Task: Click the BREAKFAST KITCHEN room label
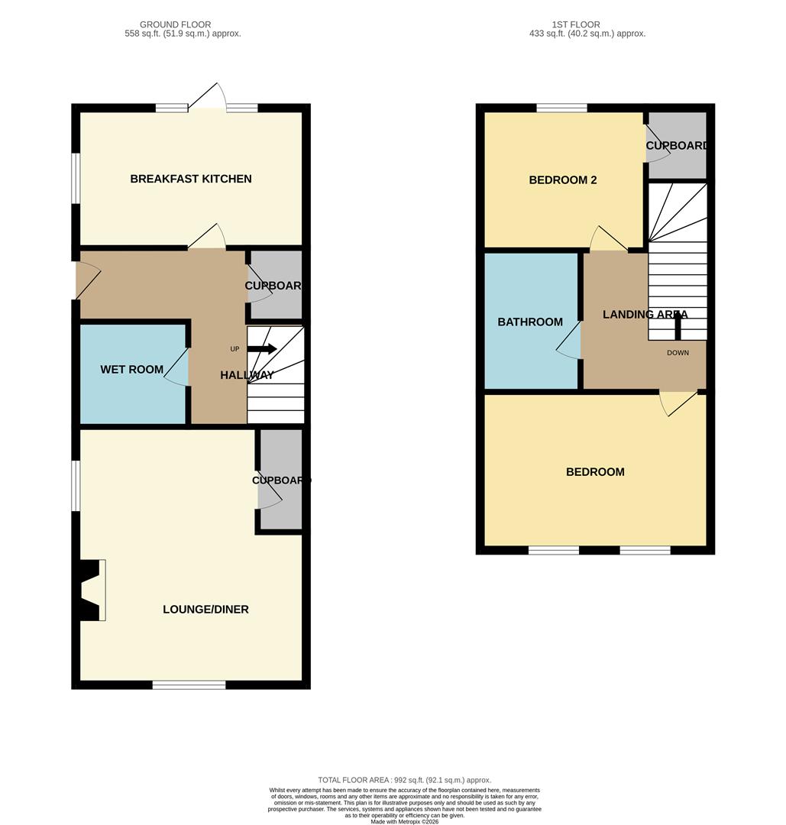pyautogui.click(x=191, y=179)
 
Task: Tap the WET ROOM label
pyautogui.click(x=131, y=370)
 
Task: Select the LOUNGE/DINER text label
pyautogui.click(x=205, y=610)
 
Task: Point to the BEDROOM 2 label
pyautogui.click(x=562, y=180)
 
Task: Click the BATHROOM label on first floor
pyautogui.click(x=530, y=322)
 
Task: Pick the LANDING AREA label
pyautogui.click(x=645, y=314)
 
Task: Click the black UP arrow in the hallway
pyautogui.click(x=261, y=348)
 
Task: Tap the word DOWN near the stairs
pyautogui.click(x=678, y=353)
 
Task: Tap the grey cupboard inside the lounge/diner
pyautogui.click(x=280, y=480)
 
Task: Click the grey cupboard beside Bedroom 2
pyautogui.click(x=677, y=145)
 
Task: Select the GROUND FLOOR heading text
pyautogui.click(x=175, y=24)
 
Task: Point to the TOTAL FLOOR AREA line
pyautogui.click(x=404, y=780)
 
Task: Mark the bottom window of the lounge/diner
pyautogui.click(x=189, y=684)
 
